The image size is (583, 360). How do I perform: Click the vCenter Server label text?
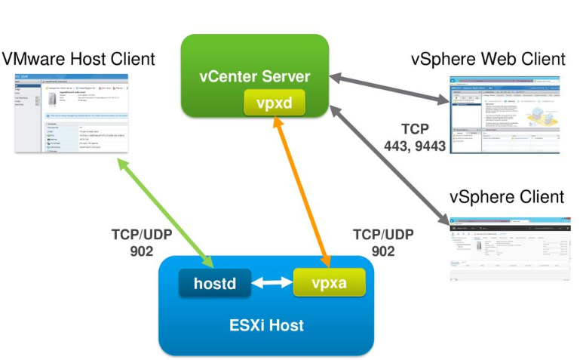tap(254, 76)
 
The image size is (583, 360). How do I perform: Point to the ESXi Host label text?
tap(266, 325)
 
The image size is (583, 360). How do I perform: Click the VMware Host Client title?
tap(78, 58)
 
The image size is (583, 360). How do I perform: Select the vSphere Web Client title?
tap(488, 58)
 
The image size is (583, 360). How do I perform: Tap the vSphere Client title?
tap(507, 197)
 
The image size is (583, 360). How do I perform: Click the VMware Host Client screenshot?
tap(71, 113)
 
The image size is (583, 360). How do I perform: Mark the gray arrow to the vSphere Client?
tap(388, 167)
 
